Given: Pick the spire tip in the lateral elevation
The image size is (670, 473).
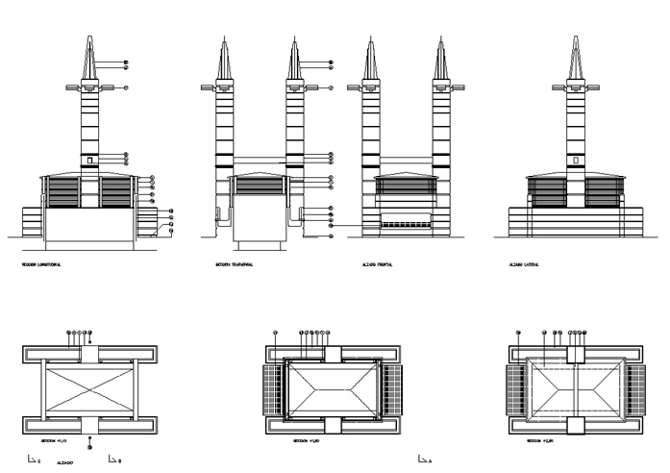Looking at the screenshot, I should tap(576, 37).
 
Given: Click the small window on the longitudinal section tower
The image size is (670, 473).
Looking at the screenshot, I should tap(89, 161).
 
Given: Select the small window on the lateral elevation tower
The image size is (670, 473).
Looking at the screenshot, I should tap(576, 161).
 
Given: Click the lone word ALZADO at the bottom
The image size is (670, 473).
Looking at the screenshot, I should tap(65, 462).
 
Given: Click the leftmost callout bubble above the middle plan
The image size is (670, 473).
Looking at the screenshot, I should tap(276, 333).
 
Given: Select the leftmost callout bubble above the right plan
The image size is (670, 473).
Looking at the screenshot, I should tap(518, 333).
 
